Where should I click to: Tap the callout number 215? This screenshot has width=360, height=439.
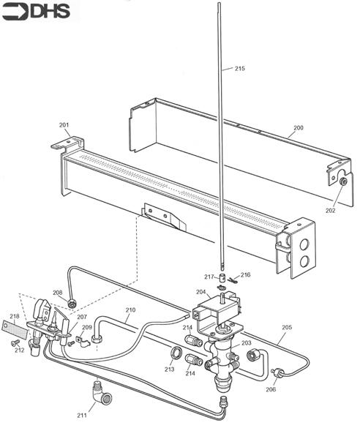click(239, 68)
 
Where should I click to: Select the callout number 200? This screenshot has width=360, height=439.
click(299, 127)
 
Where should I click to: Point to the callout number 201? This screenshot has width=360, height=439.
click(64, 125)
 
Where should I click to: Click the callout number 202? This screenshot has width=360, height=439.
click(331, 210)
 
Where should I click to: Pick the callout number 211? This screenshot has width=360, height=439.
click(82, 416)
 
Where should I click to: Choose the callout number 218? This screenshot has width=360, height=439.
click(15, 316)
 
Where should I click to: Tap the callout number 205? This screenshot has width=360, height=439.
click(287, 327)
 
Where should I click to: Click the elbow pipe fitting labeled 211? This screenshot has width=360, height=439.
click(101, 396)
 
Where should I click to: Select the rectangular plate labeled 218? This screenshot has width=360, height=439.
click(15, 330)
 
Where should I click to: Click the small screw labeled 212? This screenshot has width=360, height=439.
click(15, 342)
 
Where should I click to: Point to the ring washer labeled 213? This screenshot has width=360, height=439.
click(176, 352)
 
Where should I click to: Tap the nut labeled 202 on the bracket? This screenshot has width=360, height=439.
click(343, 181)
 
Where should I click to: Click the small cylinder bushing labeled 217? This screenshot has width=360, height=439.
click(222, 278)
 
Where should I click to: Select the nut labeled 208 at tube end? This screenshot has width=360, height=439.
click(72, 304)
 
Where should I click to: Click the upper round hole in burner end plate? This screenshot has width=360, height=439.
click(304, 244)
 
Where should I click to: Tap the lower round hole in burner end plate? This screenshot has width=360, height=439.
click(304, 261)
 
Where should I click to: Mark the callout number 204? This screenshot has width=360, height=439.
click(201, 292)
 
